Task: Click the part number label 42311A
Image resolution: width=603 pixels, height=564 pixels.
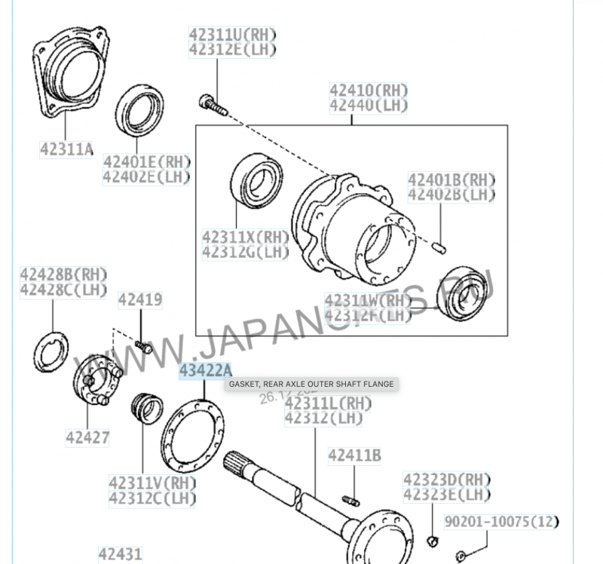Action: point(66,150)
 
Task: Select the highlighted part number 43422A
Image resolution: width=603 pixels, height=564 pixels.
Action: point(205,371)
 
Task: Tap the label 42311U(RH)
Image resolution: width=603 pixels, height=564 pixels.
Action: point(232,35)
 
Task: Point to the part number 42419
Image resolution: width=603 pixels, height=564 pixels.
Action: point(139,300)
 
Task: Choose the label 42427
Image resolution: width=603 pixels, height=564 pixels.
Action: point(87,437)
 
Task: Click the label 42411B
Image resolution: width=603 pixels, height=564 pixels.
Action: point(354,455)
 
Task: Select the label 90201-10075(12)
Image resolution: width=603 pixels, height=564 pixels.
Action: point(502,521)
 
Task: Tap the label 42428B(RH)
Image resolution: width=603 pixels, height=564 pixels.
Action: point(63,274)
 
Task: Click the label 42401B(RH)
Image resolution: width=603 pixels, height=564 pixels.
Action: point(451,179)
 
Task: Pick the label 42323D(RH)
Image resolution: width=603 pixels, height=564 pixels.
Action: point(446,480)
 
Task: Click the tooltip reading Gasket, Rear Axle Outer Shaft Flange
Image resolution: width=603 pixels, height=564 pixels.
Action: point(311,384)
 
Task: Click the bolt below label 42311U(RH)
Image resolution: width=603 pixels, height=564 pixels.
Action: point(212,103)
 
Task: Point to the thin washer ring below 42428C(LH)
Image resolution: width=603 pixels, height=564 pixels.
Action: point(51,351)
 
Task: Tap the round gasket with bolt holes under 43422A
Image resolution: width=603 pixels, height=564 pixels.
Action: point(193,438)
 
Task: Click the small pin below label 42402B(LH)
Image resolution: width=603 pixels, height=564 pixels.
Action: point(442,246)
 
